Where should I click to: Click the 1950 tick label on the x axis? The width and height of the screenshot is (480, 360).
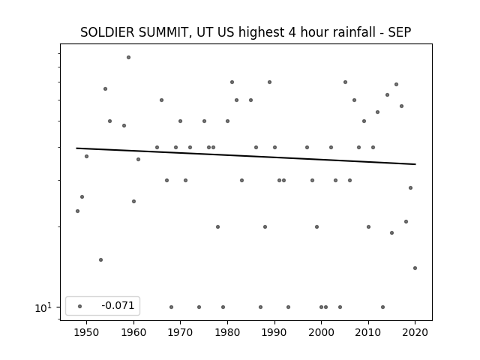click(x=87, y=332)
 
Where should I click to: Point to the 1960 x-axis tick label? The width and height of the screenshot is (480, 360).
click(x=133, y=332)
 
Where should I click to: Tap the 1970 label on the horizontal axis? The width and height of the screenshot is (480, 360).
click(x=180, y=332)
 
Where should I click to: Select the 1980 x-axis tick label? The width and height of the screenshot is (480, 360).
click(x=227, y=332)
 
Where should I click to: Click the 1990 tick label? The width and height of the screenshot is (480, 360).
click(x=274, y=332)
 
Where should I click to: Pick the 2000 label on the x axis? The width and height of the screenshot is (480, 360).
click(x=322, y=332)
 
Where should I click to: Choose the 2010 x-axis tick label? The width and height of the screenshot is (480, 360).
click(x=368, y=332)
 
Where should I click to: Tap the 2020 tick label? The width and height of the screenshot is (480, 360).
click(x=415, y=332)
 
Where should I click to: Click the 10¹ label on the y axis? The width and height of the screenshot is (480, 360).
click(x=43, y=307)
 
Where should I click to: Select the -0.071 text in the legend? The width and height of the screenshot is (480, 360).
click(x=118, y=305)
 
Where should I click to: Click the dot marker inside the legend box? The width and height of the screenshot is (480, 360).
click(x=80, y=306)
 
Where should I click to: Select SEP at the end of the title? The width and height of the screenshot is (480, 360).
click(x=400, y=32)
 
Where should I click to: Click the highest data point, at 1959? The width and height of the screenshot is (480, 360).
click(x=128, y=57)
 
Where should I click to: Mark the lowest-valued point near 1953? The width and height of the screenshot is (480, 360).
click(x=100, y=260)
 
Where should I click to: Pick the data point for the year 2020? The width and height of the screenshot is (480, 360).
click(x=415, y=268)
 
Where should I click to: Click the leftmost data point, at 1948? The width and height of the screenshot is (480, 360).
click(x=77, y=211)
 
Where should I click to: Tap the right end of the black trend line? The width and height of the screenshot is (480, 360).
click(x=415, y=164)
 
